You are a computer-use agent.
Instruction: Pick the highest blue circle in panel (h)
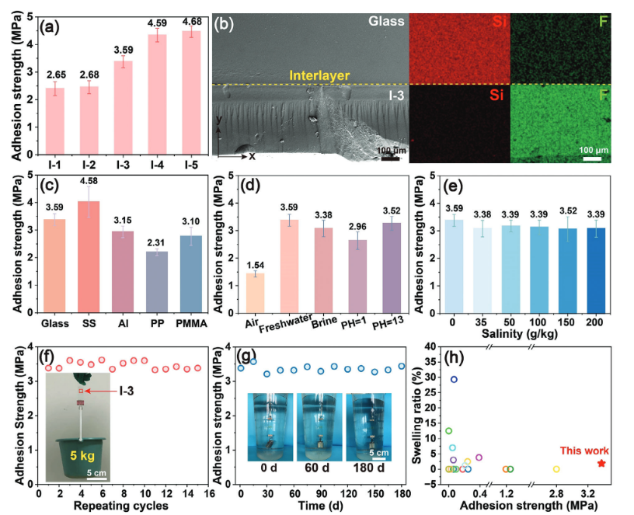pos(455,379)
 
